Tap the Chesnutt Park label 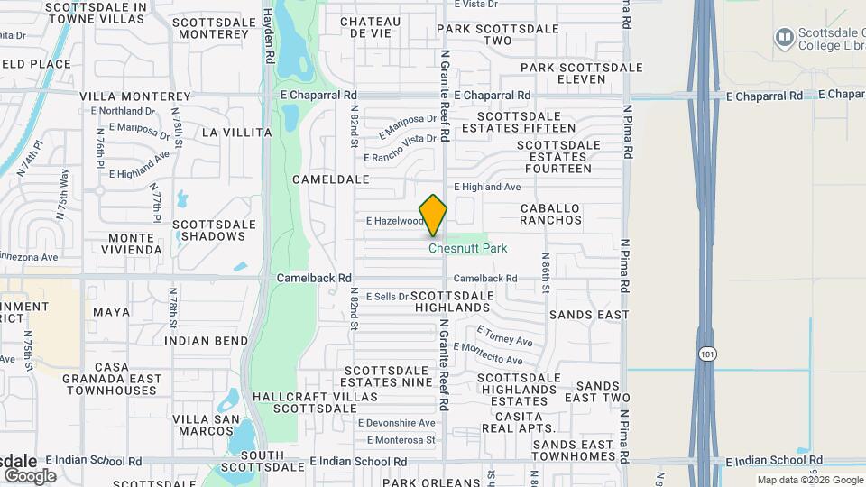coord(467,248)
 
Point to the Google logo coord(30,475)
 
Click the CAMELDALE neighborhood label coord(331,179)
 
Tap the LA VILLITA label coord(236,133)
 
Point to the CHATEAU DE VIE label coord(370,27)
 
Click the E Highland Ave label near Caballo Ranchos coord(487,187)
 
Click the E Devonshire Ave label coord(396,422)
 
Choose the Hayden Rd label coord(269,36)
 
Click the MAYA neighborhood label coord(112,312)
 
